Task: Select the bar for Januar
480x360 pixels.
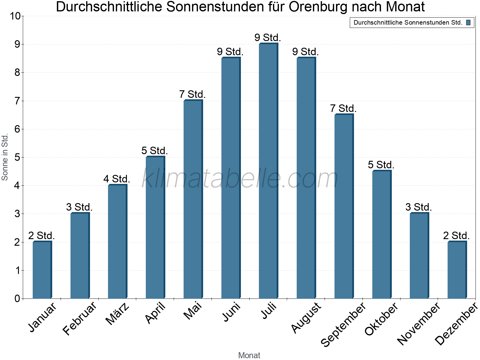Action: pos(42,270)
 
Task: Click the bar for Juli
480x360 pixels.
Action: pos(268,171)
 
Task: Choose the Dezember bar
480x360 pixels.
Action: pos(457,270)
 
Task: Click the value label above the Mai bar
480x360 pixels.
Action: pos(192,94)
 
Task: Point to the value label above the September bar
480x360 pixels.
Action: pos(343,109)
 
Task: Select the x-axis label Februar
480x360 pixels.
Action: pos(80,319)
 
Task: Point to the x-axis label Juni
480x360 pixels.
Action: pos(231,312)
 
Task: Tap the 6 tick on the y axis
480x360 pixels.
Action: pos(17,129)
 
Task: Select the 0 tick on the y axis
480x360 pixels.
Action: pos(17,298)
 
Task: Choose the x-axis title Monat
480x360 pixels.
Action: pos(249,355)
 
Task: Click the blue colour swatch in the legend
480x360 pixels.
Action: pos(468,22)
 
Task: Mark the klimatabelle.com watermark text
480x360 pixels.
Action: pos(240,178)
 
